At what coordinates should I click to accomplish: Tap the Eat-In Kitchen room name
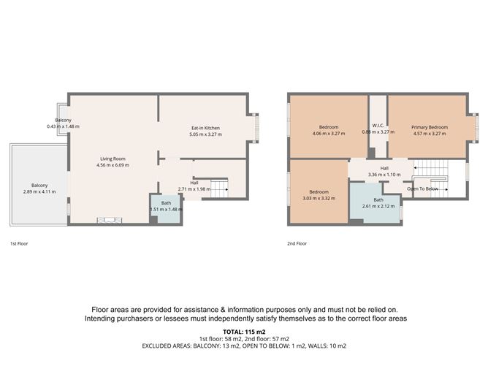pos(205,128)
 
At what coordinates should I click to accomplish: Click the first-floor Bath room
pos(166,207)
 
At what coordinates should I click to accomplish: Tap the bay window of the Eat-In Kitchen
pos(253,127)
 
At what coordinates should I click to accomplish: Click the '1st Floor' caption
pos(20,243)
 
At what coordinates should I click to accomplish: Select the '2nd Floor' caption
pos(297,243)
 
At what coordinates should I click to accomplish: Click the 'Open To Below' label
pos(423,188)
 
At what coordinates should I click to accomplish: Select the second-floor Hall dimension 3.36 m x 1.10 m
pos(384,175)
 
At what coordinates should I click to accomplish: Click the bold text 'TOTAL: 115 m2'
pos(243,331)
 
